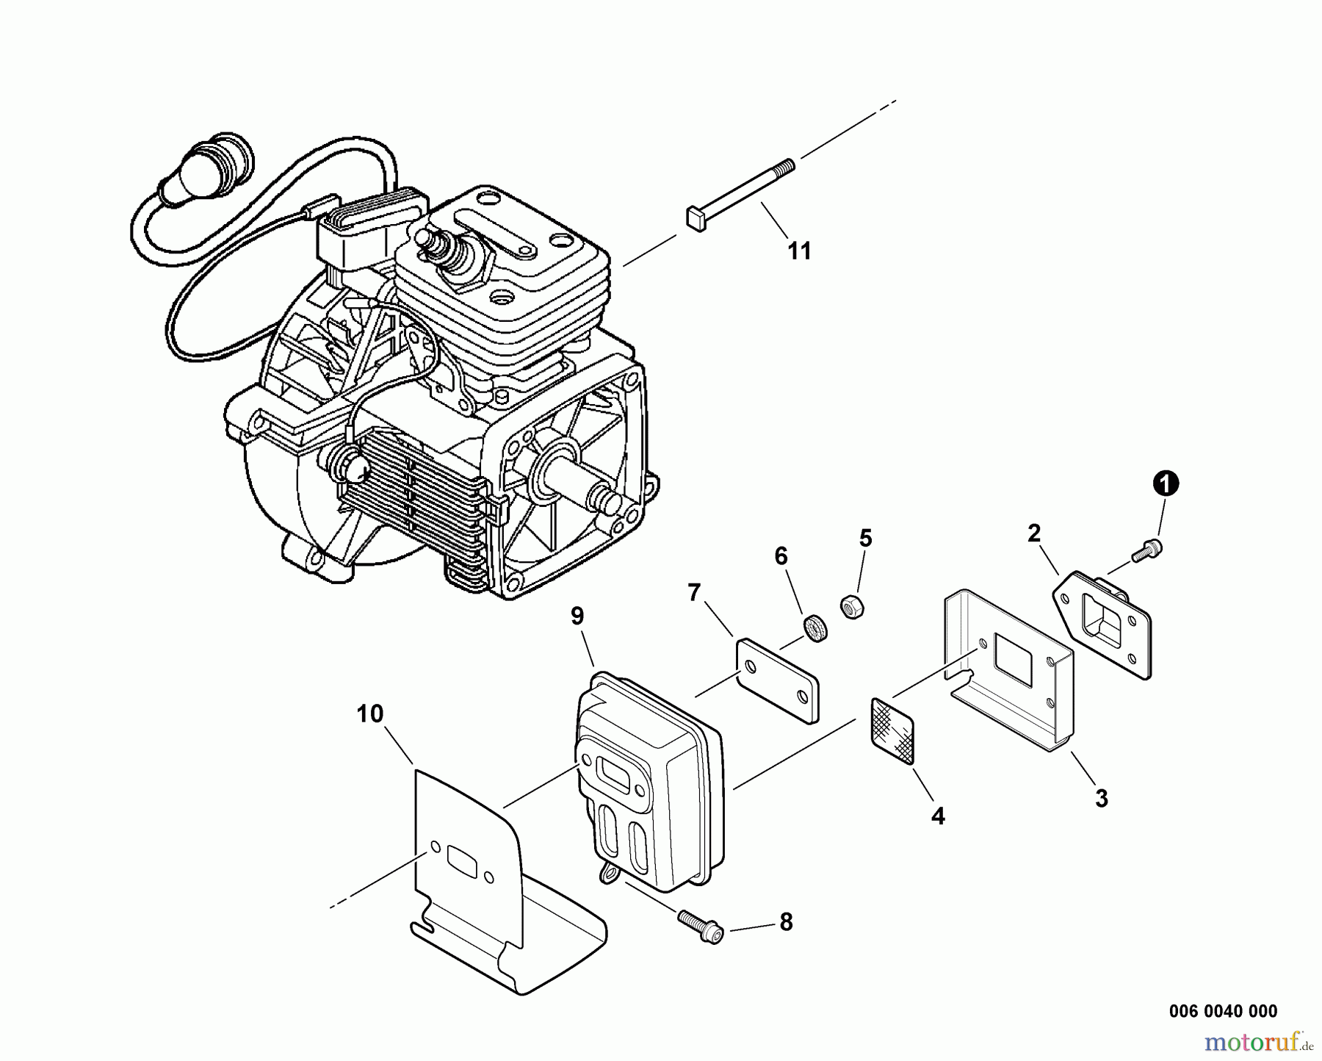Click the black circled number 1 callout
[1166, 483]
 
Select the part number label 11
[799, 251]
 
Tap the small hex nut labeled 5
[851, 606]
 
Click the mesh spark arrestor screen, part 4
[892, 730]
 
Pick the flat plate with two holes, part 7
[778, 678]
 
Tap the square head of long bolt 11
[696, 217]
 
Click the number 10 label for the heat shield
[371, 713]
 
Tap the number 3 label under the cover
[1101, 798]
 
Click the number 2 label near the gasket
[1034, 533]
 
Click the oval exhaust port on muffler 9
[617, 771]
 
